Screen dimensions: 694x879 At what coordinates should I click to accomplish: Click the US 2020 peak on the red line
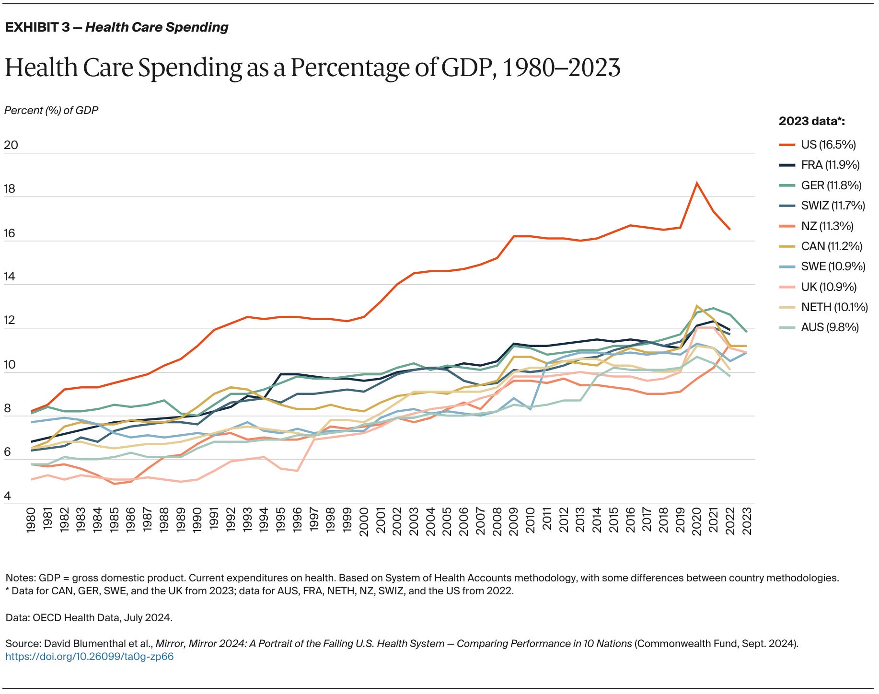pos(696,183)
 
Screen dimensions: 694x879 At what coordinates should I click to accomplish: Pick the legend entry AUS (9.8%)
pos(830,327)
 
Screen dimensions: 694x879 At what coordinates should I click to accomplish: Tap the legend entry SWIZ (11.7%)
pos(833,206)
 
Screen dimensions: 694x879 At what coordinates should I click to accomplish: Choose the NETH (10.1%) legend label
pos(834,307)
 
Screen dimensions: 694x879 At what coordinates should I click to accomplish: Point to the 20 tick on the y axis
pos(11,145)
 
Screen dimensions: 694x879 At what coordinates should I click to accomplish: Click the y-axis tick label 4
pos(7,496)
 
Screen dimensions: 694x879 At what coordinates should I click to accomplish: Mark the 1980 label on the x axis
pos(31,521)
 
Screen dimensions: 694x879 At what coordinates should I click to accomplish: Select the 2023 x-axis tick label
pos(747,521)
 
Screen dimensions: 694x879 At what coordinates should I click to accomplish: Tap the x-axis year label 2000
pos(364,521)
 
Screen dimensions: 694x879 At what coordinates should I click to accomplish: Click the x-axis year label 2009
pos(514,521)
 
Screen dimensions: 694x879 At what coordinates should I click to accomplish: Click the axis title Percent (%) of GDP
pos(51,111)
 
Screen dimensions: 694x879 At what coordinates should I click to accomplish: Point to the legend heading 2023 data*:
pos(811,121)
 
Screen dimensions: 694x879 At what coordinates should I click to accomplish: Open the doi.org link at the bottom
pos(90,657)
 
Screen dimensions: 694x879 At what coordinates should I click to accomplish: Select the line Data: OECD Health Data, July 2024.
pos(89,618)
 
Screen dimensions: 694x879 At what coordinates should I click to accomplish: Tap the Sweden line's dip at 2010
pos(530,409)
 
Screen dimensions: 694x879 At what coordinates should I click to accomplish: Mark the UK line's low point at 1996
pos(297,471)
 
